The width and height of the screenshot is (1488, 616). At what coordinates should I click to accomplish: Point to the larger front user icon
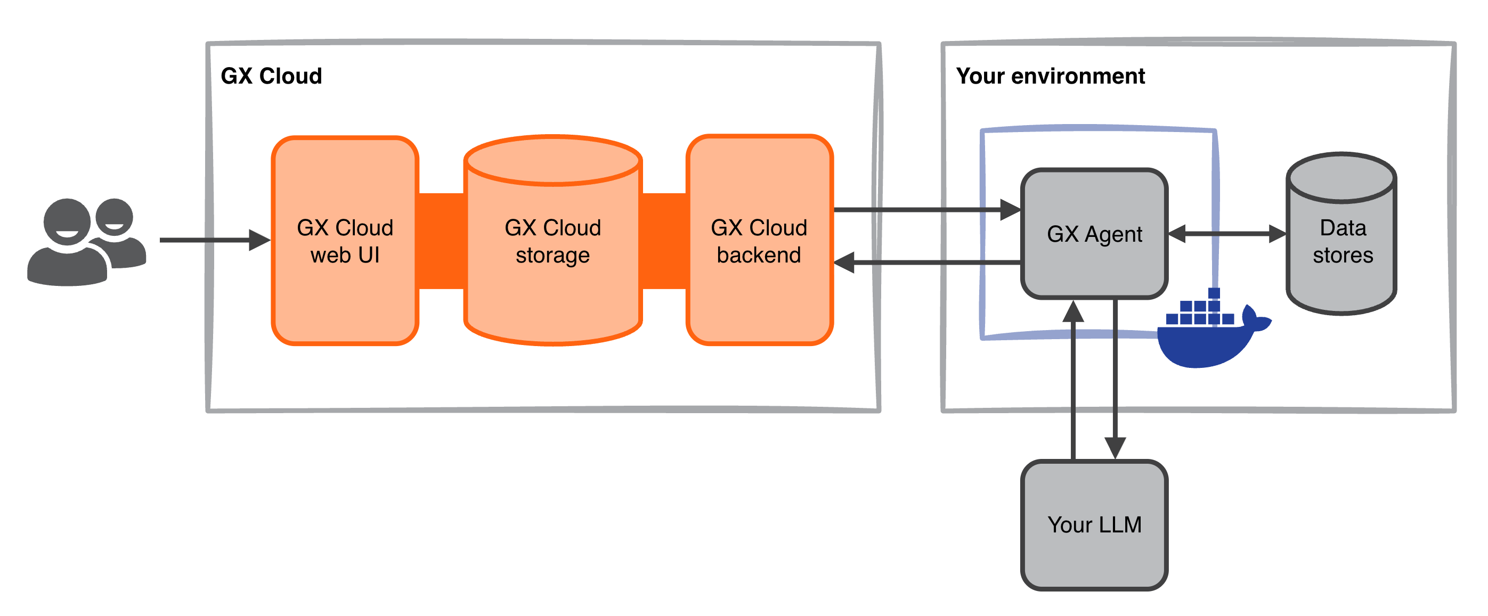click(x=68, y=248)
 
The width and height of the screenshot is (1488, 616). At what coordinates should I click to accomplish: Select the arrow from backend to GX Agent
click(x=924, y=210)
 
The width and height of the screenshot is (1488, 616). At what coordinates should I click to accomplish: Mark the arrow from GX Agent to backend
click(x=924, y=262)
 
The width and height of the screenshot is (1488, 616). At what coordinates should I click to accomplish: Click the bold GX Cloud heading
click(x=271, y=76)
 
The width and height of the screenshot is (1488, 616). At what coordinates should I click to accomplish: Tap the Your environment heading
click(x=1050, y=76)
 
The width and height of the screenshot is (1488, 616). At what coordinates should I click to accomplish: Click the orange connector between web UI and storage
click(x=441, y=241)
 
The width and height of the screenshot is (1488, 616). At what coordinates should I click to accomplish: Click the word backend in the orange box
click(x=759, y=255)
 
